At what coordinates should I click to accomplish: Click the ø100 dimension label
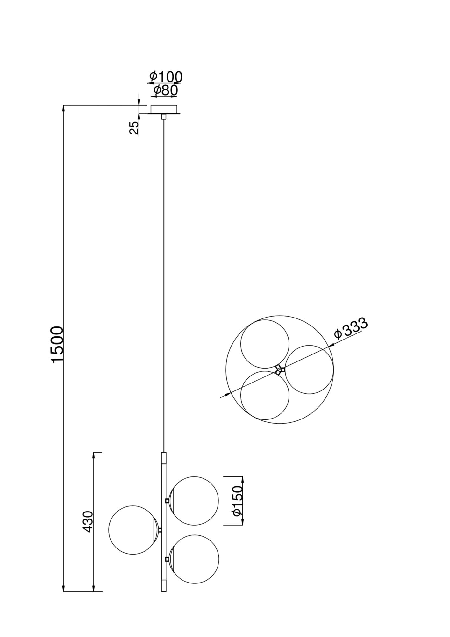coord(166,77)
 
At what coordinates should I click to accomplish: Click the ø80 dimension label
coord(165,90)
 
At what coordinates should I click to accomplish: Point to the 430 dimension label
coord(88,521)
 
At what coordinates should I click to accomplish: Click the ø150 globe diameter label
coord(238,505)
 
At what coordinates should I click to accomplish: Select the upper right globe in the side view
coord(194,501)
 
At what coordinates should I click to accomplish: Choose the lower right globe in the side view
coord(194,559)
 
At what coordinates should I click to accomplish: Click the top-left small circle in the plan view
coord(265,344)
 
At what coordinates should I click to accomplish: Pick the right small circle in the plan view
coord(309,369)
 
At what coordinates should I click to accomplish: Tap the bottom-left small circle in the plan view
coord(265,395)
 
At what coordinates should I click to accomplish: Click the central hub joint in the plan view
coord(280,369)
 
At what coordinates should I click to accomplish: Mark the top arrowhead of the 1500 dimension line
coord(64,109)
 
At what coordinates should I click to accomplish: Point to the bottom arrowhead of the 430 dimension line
coord(94,589)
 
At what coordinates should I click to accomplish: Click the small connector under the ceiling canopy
coord(164,117)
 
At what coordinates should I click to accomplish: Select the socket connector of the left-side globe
coord(160,530)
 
